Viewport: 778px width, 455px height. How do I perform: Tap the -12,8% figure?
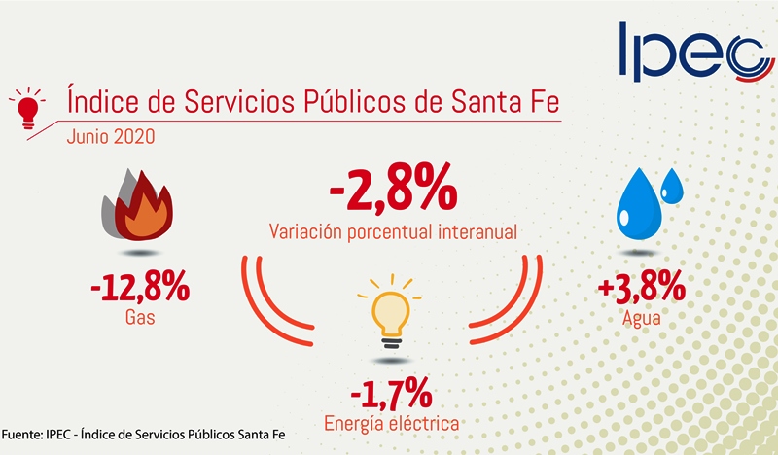pyautogui.click(x=138, y=289)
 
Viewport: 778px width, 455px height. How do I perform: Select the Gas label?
pyautogui.click(x=139, y=318)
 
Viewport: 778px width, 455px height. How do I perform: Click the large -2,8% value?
pyautogui.click(x=392, y=191)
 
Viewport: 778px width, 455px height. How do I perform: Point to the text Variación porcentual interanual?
pyautogui.click(x=392, y=232)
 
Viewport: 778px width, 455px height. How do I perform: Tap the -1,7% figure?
pyautogui.click(x=392, y=395)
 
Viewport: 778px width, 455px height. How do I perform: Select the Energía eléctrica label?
pyautogui.click(x=392, y=423)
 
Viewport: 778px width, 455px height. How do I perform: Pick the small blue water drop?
pyautogui.click(x=673, y=188)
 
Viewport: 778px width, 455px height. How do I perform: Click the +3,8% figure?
pyautogui.click(x=642, y=288)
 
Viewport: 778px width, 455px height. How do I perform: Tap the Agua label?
pyautogui.click(x=642, y=318)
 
